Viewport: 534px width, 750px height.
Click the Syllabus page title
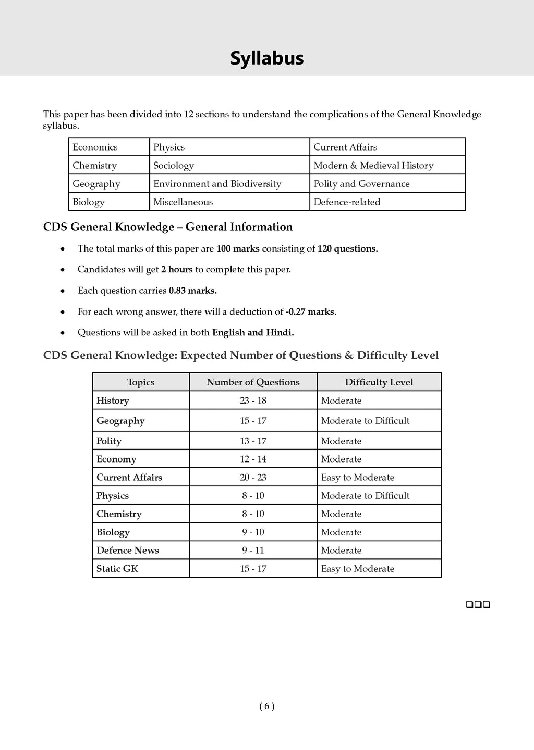click(x=266, y=58)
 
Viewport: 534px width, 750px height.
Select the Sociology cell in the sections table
click(x=174, y=166)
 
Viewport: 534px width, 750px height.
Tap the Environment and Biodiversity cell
click(x=217, y=184)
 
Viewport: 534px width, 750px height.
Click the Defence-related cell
click(x=347, y=202)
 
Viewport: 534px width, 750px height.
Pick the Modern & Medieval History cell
click(x=373, y=166)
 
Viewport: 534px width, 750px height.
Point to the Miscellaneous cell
click(x=183, y=202)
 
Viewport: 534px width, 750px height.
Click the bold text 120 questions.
click(x=347, y=249)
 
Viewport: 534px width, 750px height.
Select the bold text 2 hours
click(x=177, y=270)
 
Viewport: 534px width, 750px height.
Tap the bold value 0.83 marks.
click(x=192, y=291)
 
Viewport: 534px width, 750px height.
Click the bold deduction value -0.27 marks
click(x=310, y=312)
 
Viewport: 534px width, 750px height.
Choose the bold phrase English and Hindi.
click(x=253, y=333)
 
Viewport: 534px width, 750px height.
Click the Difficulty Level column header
click(x=379, y=382)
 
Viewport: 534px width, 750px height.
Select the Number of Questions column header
click(x=253, y=382)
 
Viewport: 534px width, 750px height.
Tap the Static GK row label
click(x=117, y=569)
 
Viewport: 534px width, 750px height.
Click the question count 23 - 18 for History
click(x=253, y=401)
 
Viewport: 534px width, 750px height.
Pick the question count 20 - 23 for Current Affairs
click(x=253, y=478)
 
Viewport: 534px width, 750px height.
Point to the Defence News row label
click(x=128, y=551)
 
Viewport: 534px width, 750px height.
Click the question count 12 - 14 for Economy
click(x=253, y=459)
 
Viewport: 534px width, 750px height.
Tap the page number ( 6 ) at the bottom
click(x=266, y=707)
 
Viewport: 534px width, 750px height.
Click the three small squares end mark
click(x=478, y=605)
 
